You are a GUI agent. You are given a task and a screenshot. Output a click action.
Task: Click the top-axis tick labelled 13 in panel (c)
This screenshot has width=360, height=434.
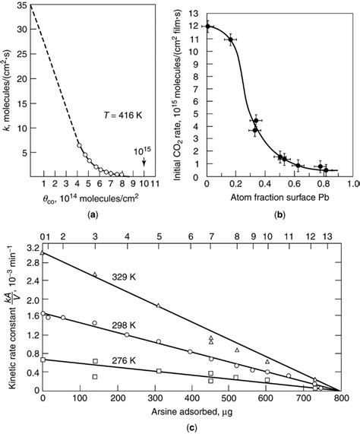click(327, 236)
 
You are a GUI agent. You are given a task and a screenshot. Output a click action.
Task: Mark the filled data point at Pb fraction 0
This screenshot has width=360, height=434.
click(207, 27)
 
